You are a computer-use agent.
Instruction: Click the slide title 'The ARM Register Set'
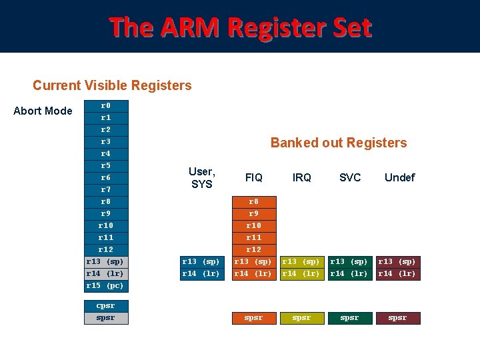(x=240, y=28)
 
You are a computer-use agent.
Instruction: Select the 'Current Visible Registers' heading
(x=112, y=85)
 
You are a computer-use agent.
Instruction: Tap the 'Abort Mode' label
(x=43, y=111)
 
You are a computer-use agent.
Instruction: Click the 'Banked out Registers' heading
(x=338, y=143)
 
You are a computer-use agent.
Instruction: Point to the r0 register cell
(x=106, y=105)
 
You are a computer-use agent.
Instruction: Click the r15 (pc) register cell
(x=106, y=285)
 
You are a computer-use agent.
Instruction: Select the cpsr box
(x=106, y=305)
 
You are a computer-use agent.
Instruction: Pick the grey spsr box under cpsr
(x=106, y=317)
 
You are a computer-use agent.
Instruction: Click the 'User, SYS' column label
(x=201, y=178)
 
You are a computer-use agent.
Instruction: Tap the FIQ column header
(x=253, y=177)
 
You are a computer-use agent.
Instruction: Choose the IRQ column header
(x=301, y=177)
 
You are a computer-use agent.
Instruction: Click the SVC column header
(x=349, y=177)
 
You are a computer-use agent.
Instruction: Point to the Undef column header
(x=399, y=177)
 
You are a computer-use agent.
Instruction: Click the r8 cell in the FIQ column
(x=253, y=201)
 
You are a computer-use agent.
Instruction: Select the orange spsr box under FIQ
(x=253, y=318)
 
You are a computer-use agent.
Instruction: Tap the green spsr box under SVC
(x=349, y=318)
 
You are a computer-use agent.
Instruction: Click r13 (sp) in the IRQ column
(x=301, y=261)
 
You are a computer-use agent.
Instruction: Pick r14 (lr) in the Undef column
(x=397, y=273)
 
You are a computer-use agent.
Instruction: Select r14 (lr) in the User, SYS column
(x=201, y=273)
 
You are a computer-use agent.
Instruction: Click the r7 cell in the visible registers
(x=106, y=189)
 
